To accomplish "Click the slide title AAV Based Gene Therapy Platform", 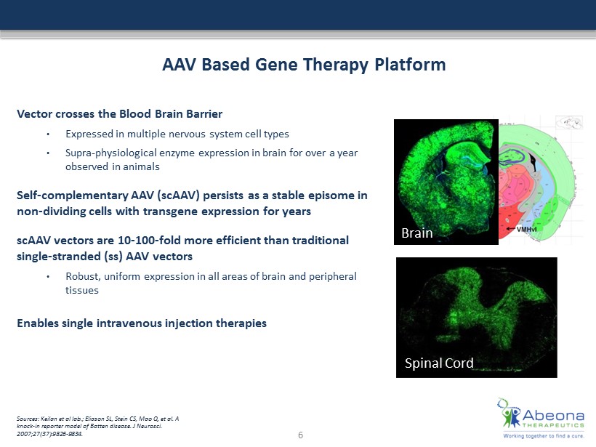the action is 304,65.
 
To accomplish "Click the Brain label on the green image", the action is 417,233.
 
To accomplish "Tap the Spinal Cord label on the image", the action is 439,363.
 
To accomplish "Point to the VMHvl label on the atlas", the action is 526,229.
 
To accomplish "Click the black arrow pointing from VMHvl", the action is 510,229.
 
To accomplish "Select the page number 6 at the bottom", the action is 300,435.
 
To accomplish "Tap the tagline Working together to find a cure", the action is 544,436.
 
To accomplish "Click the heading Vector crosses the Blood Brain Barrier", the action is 119,114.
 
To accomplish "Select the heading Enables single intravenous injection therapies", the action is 142,323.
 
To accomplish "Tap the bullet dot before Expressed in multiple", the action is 48,134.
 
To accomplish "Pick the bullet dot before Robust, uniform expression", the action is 48,277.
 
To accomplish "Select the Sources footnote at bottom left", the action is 97,426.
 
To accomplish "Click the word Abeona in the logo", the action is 553,415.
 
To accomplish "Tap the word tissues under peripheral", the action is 81,291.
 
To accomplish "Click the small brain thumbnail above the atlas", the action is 569,122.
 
